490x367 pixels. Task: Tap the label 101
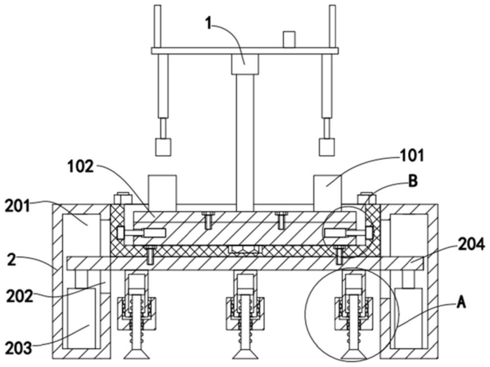[x=412, y=155]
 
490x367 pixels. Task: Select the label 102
[x=81, y=167]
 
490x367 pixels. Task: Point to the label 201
[x=18, y=207]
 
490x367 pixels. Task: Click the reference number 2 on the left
[x=11, y=260]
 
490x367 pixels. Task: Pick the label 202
[x=20, y=296]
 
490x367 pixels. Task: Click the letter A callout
[x=461, y=303]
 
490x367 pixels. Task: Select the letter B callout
[x=413, y=181]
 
